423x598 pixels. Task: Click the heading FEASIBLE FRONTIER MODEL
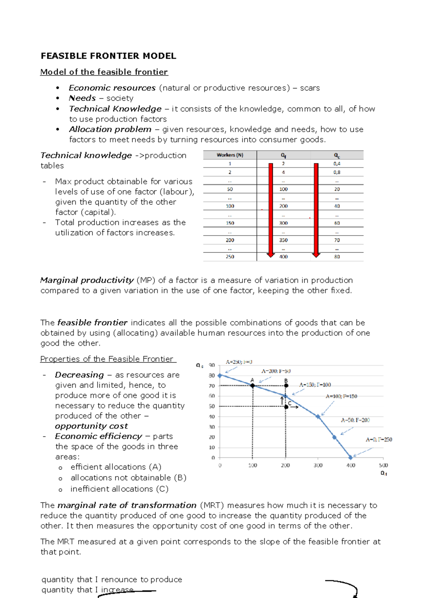[108, 56]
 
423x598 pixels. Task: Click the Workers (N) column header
[230, 155]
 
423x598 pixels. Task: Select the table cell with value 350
[283, 240]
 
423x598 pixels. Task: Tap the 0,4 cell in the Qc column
[337, 164]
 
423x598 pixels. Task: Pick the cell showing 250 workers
[230, 257]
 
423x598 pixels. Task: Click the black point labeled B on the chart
[286, 386]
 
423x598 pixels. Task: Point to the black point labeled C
[286, 407]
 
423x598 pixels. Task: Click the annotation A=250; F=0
[239, 362]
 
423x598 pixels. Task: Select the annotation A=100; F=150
[341, 396]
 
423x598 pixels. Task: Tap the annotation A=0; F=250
[379, 440]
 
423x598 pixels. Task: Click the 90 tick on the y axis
[212, 365]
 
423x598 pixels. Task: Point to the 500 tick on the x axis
[383, 465]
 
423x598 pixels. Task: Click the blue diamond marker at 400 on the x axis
[350, 457]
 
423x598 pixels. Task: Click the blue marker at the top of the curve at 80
[220, 375]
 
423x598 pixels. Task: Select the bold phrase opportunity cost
[91, 426]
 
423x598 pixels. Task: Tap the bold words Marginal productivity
[87, 280]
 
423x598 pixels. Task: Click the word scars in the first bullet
[309, 88]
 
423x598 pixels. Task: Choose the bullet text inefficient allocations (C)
[119, 489]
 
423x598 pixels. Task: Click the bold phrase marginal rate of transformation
[127, 505]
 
